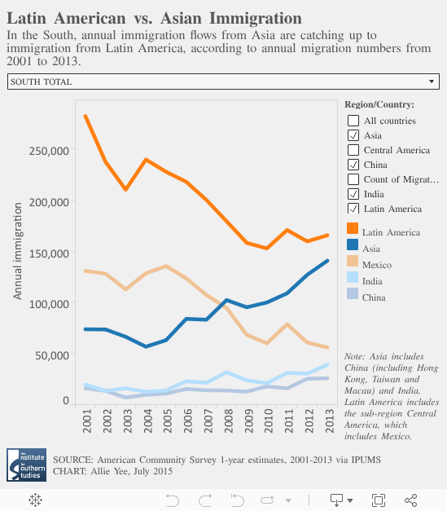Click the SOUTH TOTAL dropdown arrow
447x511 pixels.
[x=432, y=81]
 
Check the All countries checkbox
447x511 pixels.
[x=353, y=121]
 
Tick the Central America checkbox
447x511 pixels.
[x=353, y=150]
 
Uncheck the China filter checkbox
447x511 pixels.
[x=353, y=165]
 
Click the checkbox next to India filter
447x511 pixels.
[x=353, y=194]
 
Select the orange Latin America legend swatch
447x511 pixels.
[x=353, y=228]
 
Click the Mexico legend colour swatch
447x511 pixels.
[x=353, y=261]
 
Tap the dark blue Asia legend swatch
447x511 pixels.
[x=353, y=244]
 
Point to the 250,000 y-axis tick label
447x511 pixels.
[x=49, y=151]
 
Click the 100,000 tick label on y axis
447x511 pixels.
[x=49, y=304]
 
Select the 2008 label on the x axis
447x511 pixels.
[x=228, y=421]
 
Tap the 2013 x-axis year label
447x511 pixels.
[x=329, y=421]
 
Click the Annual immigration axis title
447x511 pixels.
[x=17, y=251]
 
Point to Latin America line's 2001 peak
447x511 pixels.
[x=85, y=117]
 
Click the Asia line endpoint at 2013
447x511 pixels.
[x=327, y=261]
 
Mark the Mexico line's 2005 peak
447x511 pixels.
[x=166, y=267]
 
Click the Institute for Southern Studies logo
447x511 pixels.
[x=26, y=465]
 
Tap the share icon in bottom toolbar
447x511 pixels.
[x=410, y=500]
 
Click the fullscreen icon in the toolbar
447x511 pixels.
[x=379, y=500]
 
